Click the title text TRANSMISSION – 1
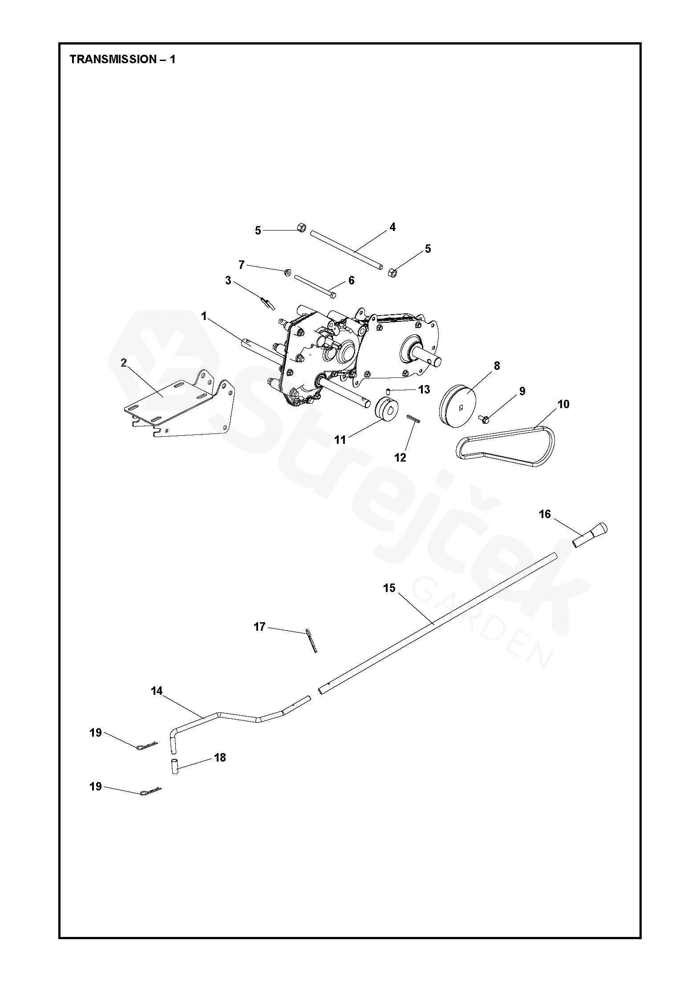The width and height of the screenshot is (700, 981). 122,60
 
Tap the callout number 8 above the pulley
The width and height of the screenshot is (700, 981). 497,366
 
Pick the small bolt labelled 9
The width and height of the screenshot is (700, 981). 484,419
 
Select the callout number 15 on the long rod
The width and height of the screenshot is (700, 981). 389,588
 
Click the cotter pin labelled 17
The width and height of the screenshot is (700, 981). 311,640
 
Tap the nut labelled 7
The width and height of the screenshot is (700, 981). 287,272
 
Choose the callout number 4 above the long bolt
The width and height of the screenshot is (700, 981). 392,227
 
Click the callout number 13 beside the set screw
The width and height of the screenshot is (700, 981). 424,390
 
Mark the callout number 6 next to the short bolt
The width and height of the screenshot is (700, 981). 351,280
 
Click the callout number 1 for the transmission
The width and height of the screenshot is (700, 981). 204,316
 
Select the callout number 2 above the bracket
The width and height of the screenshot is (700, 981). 124,363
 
